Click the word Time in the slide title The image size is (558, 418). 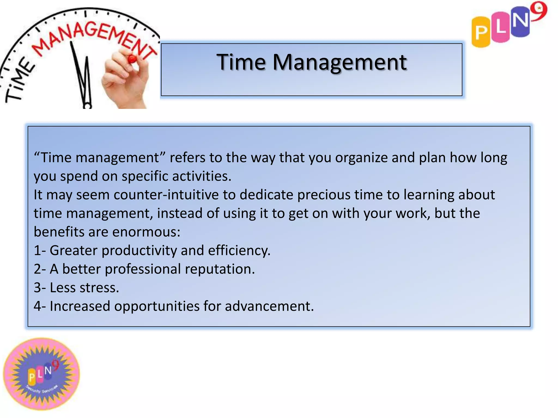tap(241, 62)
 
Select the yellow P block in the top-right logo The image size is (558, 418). tap(481, 32)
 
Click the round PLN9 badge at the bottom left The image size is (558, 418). tap(41, 374)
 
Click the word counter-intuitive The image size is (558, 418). tap(166, 195)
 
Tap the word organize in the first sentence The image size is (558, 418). tap(361, 158)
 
